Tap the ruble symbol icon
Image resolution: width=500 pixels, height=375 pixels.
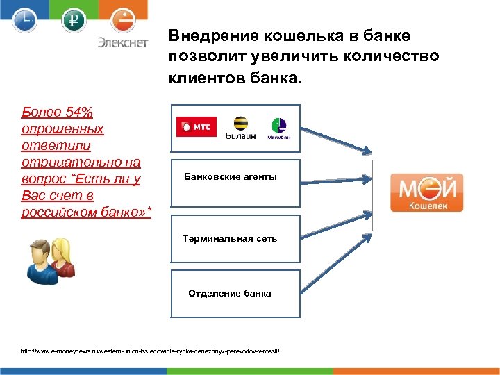72,20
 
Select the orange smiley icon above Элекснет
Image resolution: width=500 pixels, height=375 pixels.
122,19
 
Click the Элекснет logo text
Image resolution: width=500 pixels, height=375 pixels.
122,42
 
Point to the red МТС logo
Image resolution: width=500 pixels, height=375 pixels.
197,126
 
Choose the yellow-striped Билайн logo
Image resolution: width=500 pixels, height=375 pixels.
241,127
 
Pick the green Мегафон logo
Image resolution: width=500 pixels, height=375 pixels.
278,128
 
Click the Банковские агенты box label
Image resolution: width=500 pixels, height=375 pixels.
230,177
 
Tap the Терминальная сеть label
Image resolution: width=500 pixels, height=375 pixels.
230,238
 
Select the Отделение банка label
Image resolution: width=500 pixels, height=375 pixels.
230,293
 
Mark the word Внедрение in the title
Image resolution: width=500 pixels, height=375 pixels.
207,35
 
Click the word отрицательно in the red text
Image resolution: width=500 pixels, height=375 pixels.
61,162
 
